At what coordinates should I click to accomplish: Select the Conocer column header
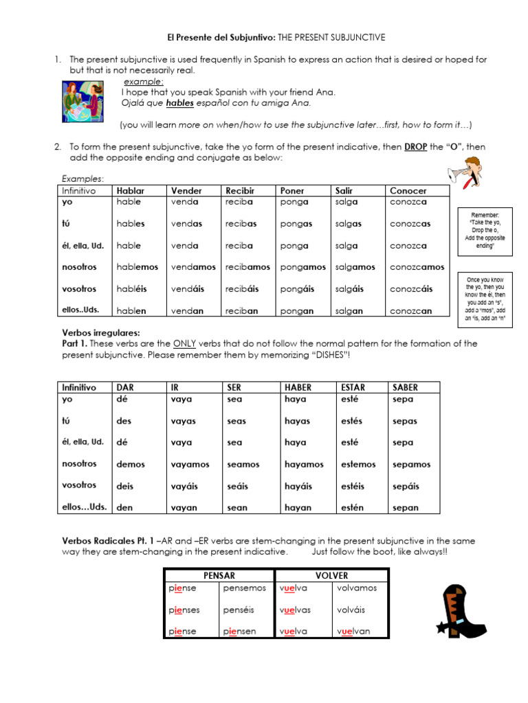click(408, 190)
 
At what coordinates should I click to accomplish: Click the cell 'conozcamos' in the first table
click(417, 267)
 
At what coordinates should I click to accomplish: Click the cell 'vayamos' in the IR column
click(190, 465)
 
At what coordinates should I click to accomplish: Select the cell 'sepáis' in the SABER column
click(406, 486)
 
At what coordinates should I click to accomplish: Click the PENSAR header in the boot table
click(219, 575)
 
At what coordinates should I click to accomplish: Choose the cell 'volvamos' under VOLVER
click(357, 588)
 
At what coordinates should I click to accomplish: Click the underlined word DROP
click(415, 147)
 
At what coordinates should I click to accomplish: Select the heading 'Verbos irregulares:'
click(101, 333)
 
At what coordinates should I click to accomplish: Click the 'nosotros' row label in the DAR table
click(80, 464)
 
